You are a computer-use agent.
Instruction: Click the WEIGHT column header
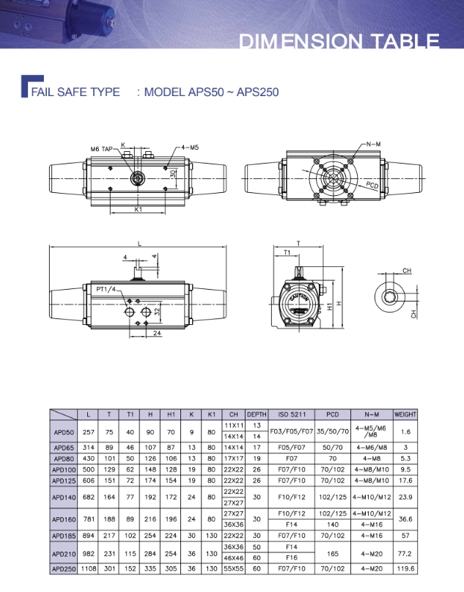(405, 414)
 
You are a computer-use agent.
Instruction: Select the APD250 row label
(64, 569)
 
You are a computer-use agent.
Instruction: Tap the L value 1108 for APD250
(89, 569)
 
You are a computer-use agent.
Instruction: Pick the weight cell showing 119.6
(405, 569)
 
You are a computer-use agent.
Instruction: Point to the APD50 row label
(64, 431)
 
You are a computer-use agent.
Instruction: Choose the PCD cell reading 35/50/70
(332, 431)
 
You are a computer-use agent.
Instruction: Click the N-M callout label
(374, 145)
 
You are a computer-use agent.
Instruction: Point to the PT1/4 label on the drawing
(106, 290)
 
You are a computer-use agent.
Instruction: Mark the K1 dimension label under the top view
(138, 210)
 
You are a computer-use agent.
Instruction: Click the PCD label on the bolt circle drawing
(372, 186)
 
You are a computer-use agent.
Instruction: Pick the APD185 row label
(64, 536)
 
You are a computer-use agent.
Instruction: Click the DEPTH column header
(257, 414)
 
